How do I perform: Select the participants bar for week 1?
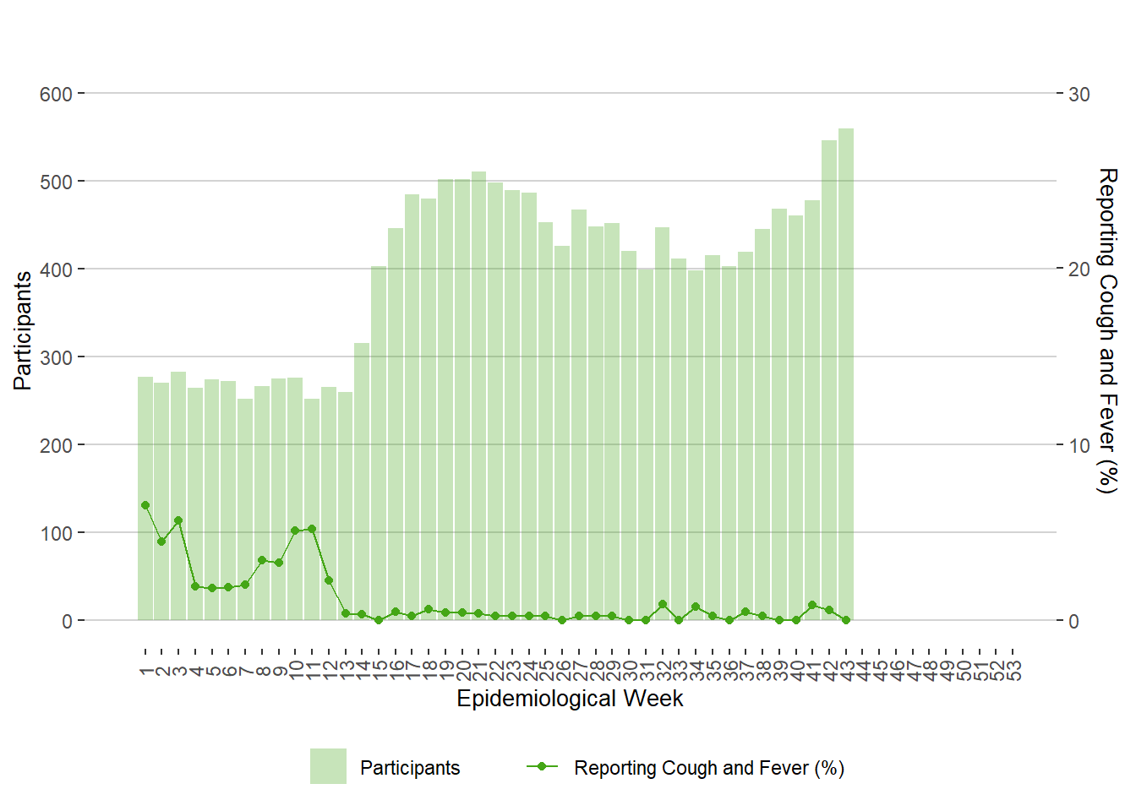(145, 498)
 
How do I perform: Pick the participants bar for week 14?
(362, 482)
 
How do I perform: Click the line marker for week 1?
(145, 505)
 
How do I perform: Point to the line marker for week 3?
(178, 520)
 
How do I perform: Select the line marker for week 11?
(312, 529)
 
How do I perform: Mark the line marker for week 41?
(812, 605)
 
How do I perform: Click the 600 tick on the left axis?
(56, 94)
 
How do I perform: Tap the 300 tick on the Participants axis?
(56, 357)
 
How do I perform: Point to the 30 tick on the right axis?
(1079, 94)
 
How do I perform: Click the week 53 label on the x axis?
(1013, 671)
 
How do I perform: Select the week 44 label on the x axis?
(863, 671)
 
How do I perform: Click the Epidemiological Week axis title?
(570, 699)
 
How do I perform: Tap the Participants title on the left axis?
(23, 330)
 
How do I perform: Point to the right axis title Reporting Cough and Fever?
(1107, 330)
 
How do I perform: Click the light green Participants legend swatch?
(328, 766)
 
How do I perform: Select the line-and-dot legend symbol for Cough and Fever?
(542, 766)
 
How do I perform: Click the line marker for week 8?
(262, 560)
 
